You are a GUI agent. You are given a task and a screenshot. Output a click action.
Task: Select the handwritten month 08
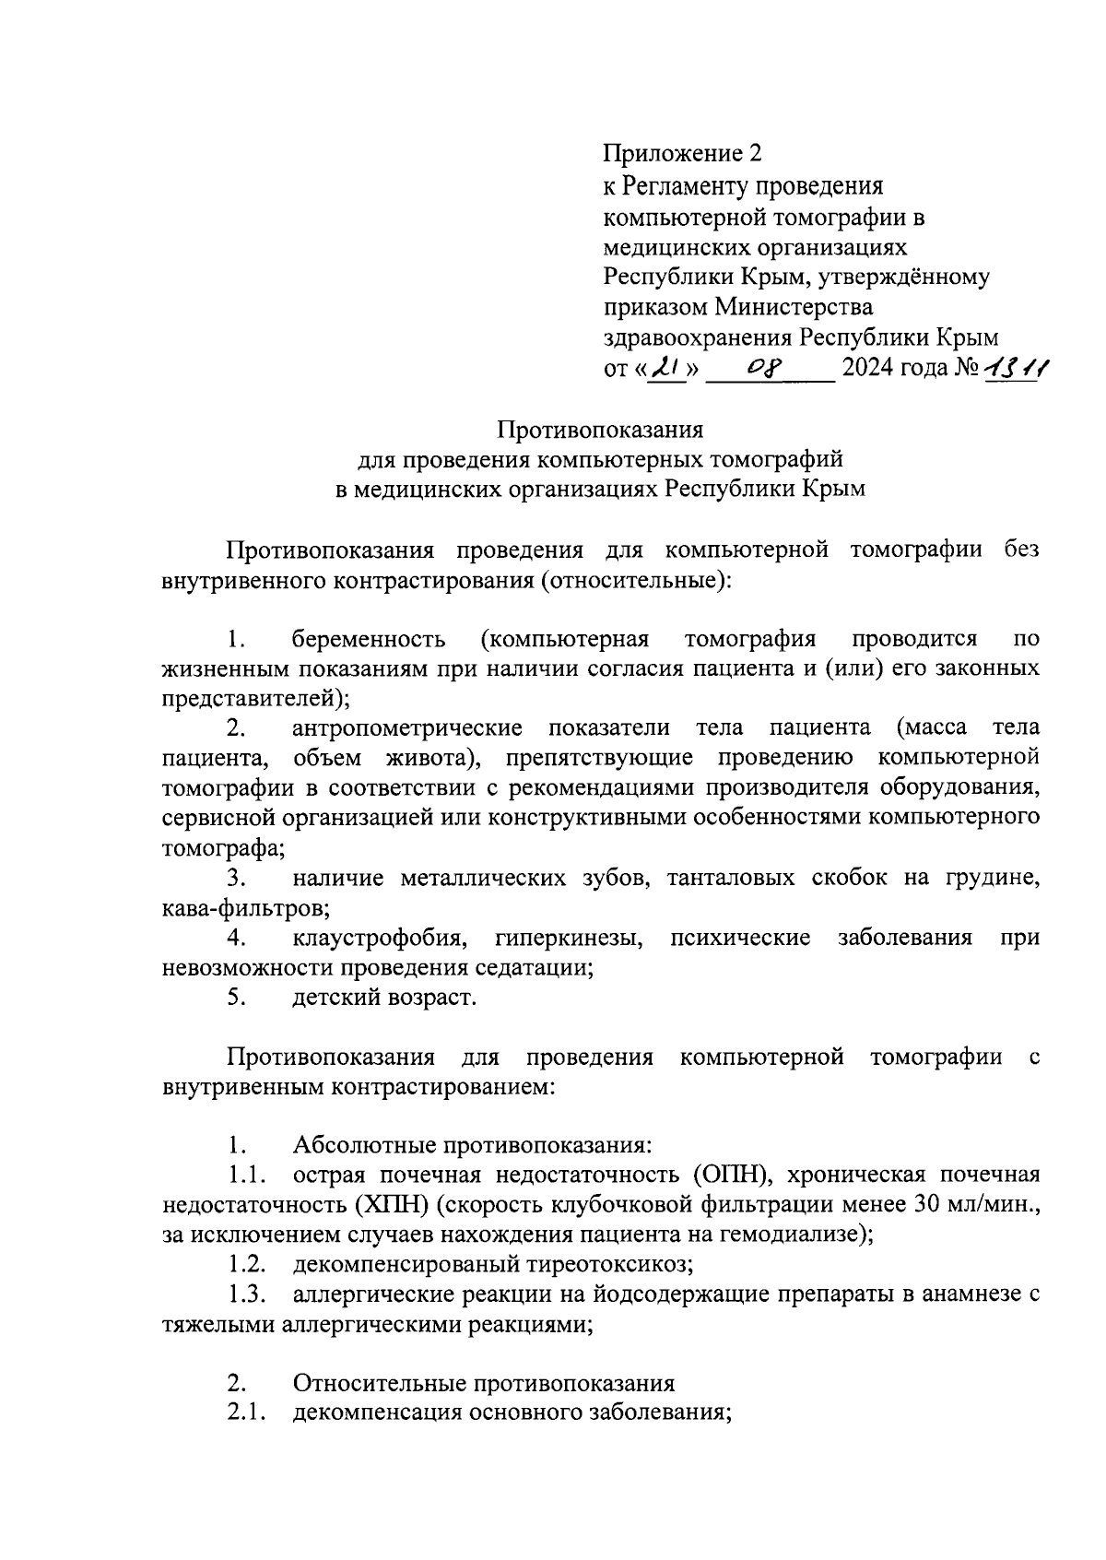[766, 369]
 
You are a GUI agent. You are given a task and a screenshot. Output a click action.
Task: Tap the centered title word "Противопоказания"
[601, 430]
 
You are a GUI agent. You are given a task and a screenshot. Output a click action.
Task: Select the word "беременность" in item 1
[370, 639]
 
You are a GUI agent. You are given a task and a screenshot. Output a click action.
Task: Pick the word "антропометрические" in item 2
[407, 728]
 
